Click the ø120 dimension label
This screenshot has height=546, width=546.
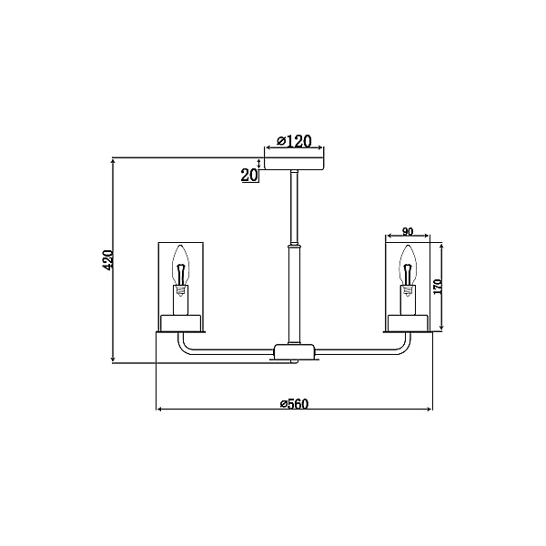[x=294, y=141]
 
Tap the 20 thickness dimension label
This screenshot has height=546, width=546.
[x=249, y=175]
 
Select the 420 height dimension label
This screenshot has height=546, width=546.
[x=108, y=259]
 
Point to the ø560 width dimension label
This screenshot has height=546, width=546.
[x=294, y=403]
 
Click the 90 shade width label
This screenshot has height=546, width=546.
[x=408, y=231]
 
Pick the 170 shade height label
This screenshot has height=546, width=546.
[x=438, y=287]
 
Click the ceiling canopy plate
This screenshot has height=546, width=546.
[x=294, y=164]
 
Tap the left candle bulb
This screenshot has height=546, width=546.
[x=180, y=266]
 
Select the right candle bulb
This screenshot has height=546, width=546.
[x=408, y=266]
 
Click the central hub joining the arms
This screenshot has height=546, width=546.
[x=294, y=352]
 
